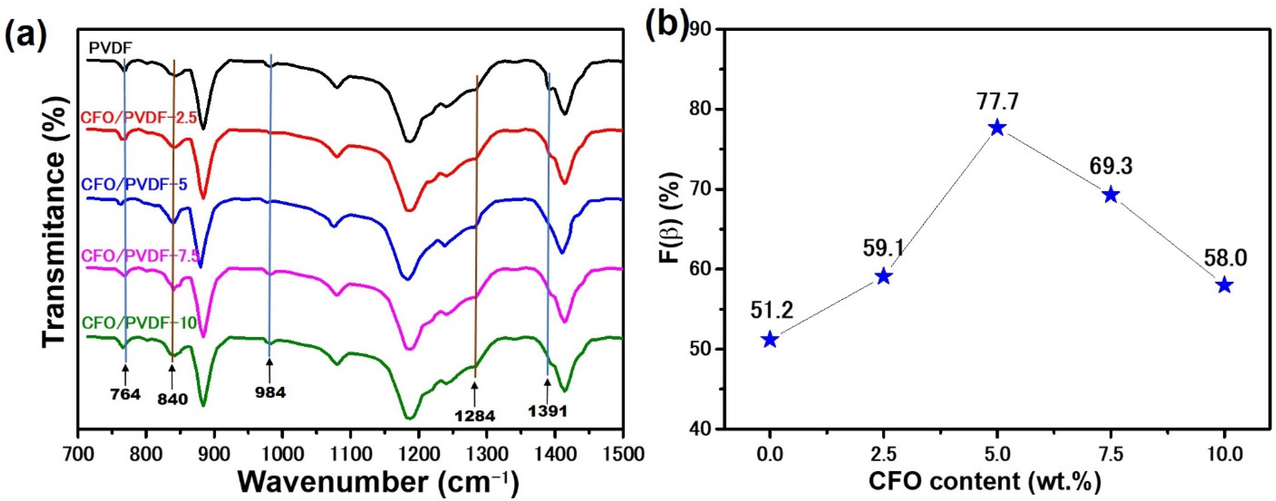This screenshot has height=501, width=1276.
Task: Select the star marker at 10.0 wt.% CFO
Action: (1224, 286)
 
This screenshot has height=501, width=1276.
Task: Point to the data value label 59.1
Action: (883, 250)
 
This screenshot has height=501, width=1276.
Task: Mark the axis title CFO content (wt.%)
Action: (996, 482)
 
